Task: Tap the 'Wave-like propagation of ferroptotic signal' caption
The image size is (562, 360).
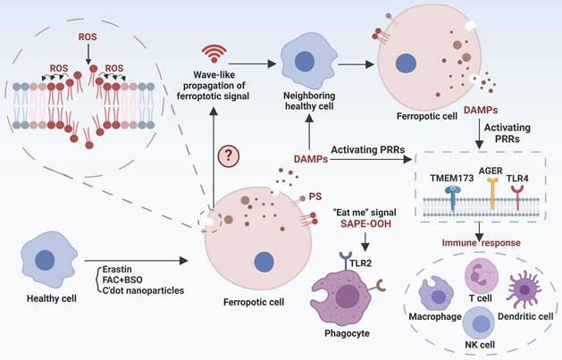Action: point(214,80)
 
